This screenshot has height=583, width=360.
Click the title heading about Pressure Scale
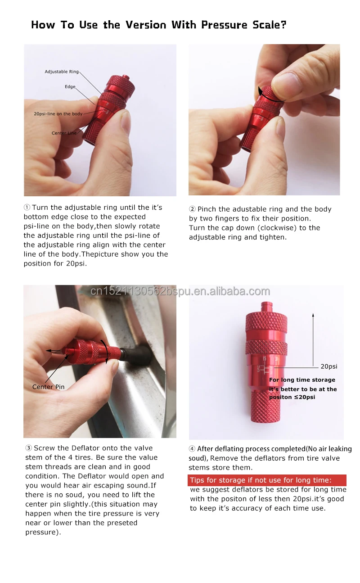click(159, 25)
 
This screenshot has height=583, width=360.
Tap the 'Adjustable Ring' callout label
click(62, 72)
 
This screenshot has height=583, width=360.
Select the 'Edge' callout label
click(70, 87)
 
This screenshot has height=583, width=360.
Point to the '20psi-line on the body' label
click(58, 114)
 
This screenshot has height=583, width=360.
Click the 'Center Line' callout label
click(64, 133)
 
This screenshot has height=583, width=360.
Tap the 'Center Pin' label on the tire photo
click(49, 387)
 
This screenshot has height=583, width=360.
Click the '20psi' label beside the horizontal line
click(329, 366)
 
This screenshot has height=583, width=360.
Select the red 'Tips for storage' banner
click(267, 480)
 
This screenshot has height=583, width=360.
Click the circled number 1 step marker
click(27, 208)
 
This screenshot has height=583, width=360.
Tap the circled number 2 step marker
click(192, 209)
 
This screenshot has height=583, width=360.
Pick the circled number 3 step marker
click(29, 448)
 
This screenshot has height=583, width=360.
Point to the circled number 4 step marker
click(192, 449)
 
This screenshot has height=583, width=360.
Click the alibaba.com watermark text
click(180, 291)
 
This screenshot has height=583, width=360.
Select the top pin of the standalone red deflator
click(266, 307)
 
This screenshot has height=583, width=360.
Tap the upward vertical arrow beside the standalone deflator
click(313, 340)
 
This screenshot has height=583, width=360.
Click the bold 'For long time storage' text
click(302, 380)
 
